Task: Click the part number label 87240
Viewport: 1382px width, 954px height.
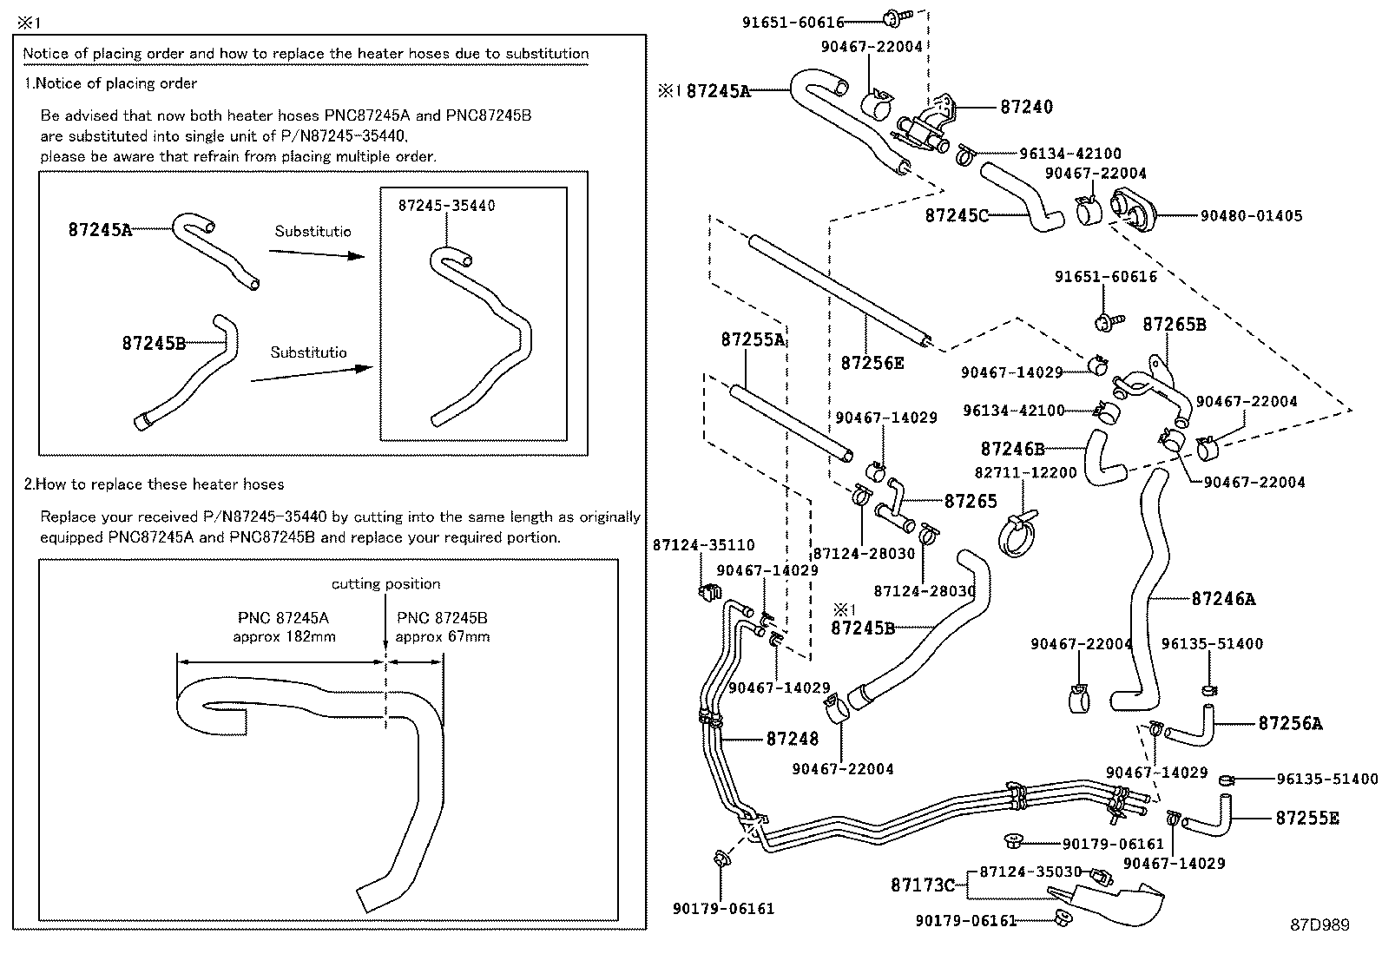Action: click(x=1026, y=107)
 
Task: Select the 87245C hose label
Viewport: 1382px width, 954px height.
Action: click(x=957, y=215)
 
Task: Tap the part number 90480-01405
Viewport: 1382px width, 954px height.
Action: click(x=1251, y=215)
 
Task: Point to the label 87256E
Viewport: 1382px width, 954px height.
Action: click(x=872, y=363)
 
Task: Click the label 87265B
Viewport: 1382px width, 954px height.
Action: click(x=1174, y=325)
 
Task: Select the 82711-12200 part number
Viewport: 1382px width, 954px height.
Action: click(x=1025, y=473)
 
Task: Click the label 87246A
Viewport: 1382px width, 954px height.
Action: click(x=1223, y=599)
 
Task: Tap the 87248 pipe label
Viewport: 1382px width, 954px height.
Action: click(x=792, y=739)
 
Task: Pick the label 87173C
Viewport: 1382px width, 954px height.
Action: click(x=922, y=885)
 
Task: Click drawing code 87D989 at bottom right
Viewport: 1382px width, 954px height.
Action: click(x=1319, y=925)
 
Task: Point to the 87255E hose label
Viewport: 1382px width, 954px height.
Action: click(x=1306, y=818)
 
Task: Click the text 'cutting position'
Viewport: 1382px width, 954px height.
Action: click(x=385, y=584)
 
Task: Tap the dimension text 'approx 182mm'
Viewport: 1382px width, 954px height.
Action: click(x=284, y=637)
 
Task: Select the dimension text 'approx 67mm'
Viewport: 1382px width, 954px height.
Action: click(x=442, y=637)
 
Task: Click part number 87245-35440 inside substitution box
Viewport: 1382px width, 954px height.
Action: click(x=446, y=206)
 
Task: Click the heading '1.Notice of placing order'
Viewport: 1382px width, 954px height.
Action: click(x=110, y=83)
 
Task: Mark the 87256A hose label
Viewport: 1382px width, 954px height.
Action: click(x=1290, y=723)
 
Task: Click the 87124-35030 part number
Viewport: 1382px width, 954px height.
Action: click(x=1030, y=872)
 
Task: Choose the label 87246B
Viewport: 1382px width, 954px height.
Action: click(x=1012, y=449)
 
